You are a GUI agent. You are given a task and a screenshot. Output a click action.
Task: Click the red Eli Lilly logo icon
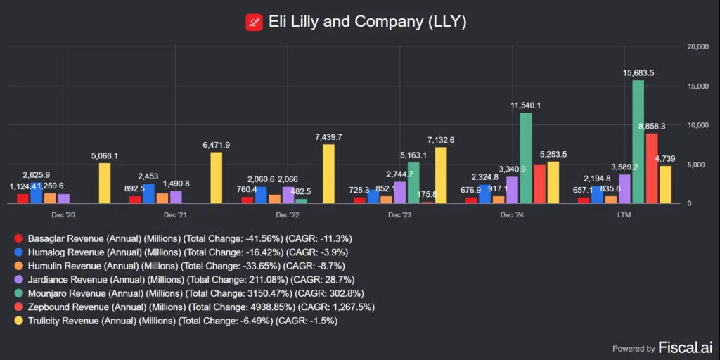254,22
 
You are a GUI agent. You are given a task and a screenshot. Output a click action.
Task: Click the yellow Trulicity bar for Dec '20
104,184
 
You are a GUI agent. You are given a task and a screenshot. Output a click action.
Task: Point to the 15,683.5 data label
638,72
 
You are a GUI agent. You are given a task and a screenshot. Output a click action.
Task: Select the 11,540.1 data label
525,105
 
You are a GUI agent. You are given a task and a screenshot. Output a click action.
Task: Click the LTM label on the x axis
624,214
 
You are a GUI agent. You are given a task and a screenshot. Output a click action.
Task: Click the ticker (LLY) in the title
446,22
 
